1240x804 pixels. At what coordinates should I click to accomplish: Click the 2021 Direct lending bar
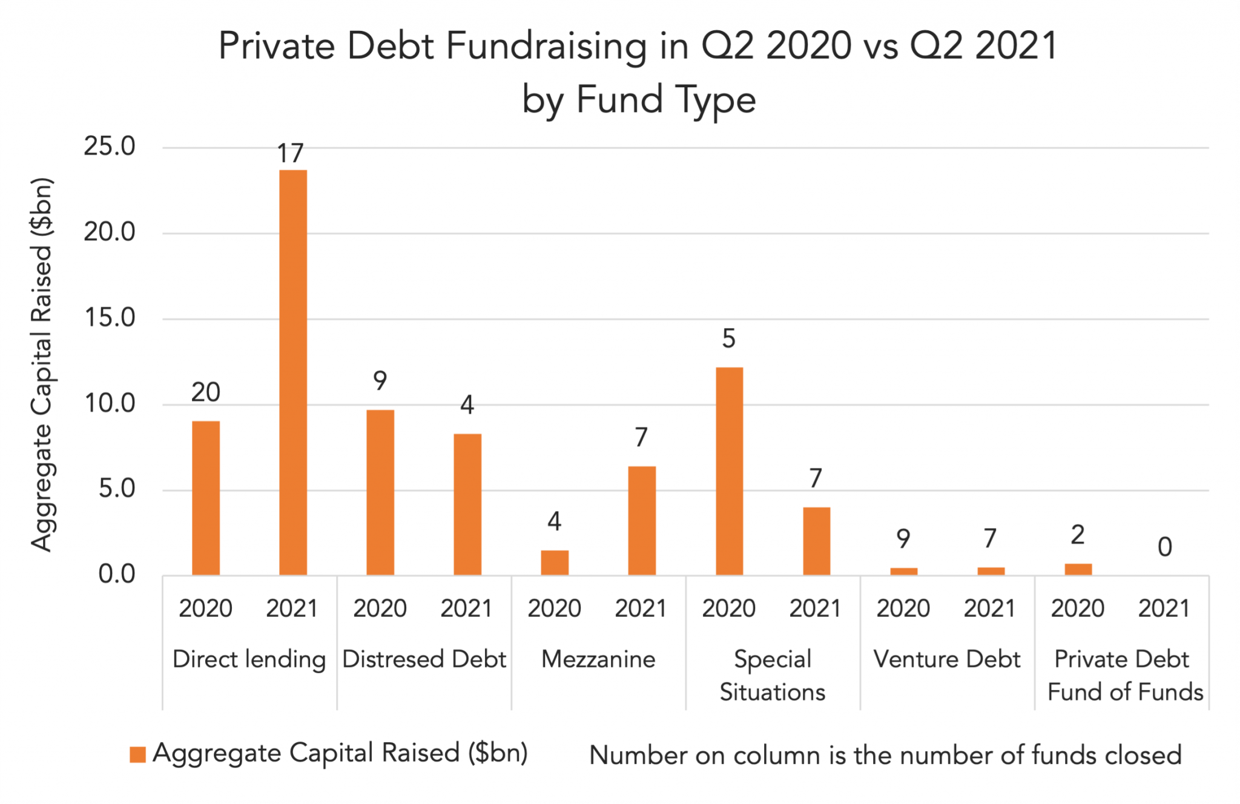point(293,372)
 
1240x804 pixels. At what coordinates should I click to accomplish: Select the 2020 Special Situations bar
point(729,470)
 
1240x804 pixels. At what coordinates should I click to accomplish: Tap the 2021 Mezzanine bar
point(642,520)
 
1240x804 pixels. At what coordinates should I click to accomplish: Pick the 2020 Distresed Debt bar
point(380,492)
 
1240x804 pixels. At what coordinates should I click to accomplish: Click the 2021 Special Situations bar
point(816,541)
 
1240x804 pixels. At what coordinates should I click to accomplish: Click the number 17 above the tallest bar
point(290,154)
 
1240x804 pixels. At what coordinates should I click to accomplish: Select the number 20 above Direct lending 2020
point(206,392)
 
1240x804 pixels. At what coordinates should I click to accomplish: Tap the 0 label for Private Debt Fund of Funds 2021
point(1165,547)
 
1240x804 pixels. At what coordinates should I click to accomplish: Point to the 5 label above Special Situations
point(728,338)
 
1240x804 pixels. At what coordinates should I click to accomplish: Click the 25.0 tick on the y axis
point(110,147)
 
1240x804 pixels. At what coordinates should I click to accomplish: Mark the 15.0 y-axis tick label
point(110,318)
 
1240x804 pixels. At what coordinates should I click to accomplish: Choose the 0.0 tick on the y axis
point(116,574)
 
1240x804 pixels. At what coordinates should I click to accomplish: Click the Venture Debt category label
point(947,659)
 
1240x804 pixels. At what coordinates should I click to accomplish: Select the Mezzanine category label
point(598,659)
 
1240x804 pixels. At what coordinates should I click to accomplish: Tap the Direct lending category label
point(249,659)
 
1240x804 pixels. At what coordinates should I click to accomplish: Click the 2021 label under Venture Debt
point(990,608)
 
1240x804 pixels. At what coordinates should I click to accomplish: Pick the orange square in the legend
point(138,754)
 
